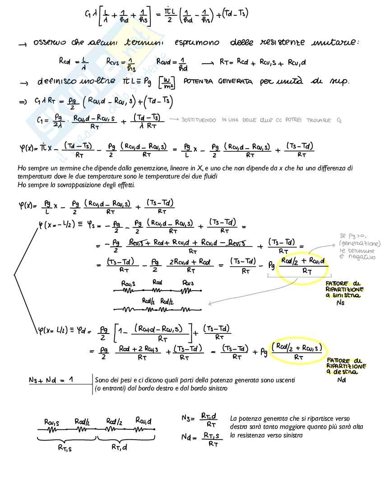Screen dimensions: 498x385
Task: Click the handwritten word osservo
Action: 51,43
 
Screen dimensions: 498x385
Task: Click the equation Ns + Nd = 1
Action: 51,380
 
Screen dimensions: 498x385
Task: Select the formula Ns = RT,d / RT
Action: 200,420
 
